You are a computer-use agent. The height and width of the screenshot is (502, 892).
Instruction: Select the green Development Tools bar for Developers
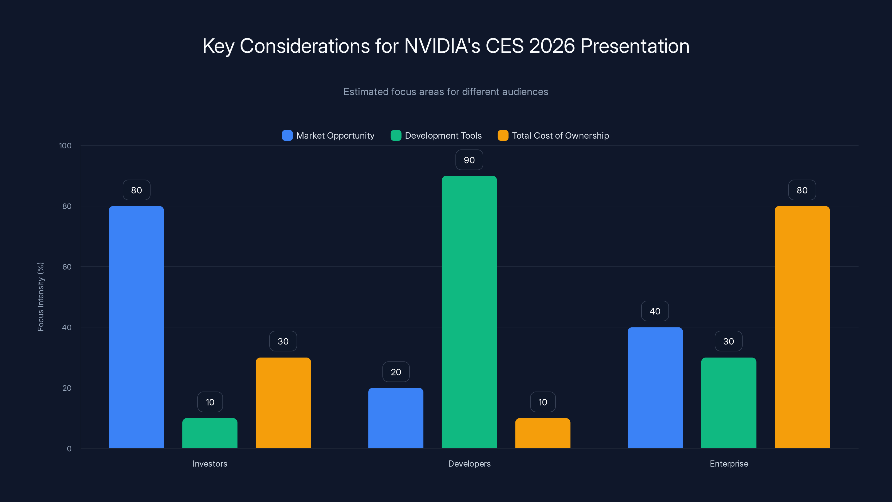point(469,312)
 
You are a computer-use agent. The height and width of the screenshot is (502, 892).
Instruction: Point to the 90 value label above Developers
point(469,160)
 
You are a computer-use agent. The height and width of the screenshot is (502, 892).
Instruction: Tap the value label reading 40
point(655,311)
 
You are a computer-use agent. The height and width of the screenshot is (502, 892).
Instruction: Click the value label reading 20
point(396,372)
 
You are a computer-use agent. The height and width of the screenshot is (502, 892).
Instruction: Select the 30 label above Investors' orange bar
point(283,341)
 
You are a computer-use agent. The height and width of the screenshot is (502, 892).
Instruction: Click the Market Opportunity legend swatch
point(287,136)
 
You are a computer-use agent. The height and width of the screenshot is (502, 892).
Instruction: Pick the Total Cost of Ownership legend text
point(560,136)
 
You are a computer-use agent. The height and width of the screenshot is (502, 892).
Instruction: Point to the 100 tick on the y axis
point(65,146)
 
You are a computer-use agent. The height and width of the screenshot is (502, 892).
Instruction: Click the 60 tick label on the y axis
point(67,267)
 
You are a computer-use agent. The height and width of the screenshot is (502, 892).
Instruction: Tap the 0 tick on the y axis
point(69,449)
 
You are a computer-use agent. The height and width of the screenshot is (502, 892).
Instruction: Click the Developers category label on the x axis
point(469,464)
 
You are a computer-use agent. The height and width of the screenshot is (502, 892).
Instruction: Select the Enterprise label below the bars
point(729,464)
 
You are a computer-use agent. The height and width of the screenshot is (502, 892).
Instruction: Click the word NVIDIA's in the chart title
point(442,46)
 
